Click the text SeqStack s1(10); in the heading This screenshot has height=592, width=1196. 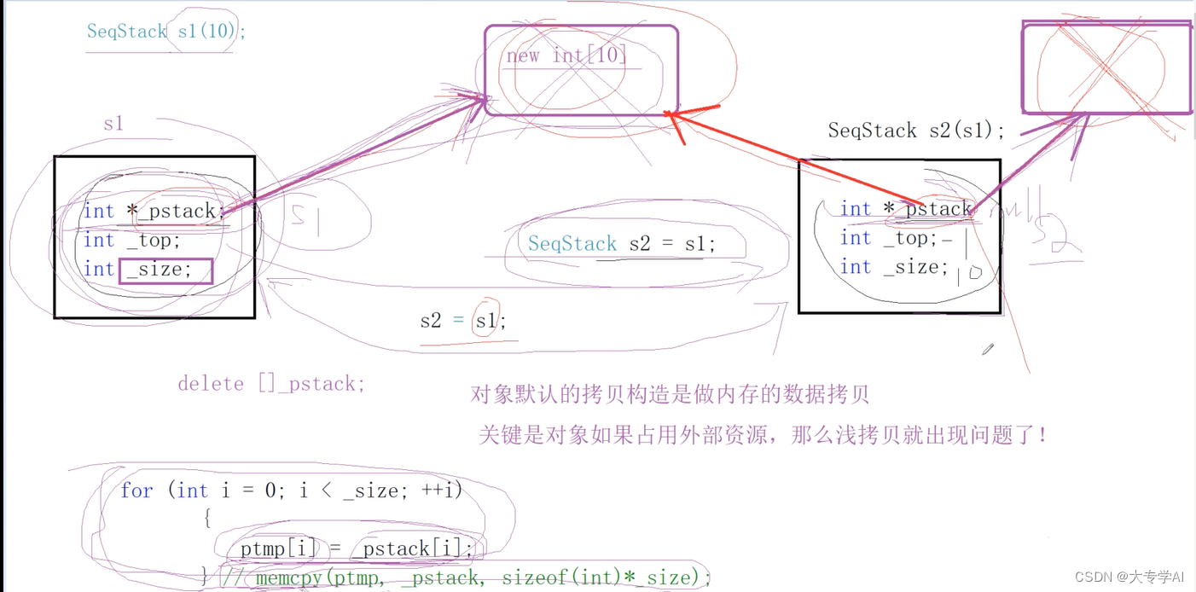(x=165, y=32)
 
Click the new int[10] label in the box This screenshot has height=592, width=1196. (x=566, y=56)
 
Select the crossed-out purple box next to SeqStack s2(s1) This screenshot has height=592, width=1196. (x=1106, y=68)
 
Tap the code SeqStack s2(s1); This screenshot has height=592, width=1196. (x=916, y=131)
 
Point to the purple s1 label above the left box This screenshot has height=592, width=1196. (x=113, y=124)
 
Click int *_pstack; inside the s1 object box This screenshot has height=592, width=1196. (x=154, y=210)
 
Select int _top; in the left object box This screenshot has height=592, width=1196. (x=131, y=241)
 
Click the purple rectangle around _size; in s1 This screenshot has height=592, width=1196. (x=166, y=270)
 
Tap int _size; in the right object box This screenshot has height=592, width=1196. (x=894, y=267)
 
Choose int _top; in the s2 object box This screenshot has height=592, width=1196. (x=888, y=238)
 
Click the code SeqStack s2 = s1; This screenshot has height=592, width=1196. (x=622, y=244)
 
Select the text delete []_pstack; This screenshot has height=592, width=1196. (x=271, y=384)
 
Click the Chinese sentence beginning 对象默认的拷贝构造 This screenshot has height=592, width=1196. (x=670, y=394)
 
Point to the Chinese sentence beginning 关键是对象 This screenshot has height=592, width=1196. (x=763, y=435)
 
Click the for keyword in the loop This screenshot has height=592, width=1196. (x=136, y=490)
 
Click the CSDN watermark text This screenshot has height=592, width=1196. (x=1129, y=577)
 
